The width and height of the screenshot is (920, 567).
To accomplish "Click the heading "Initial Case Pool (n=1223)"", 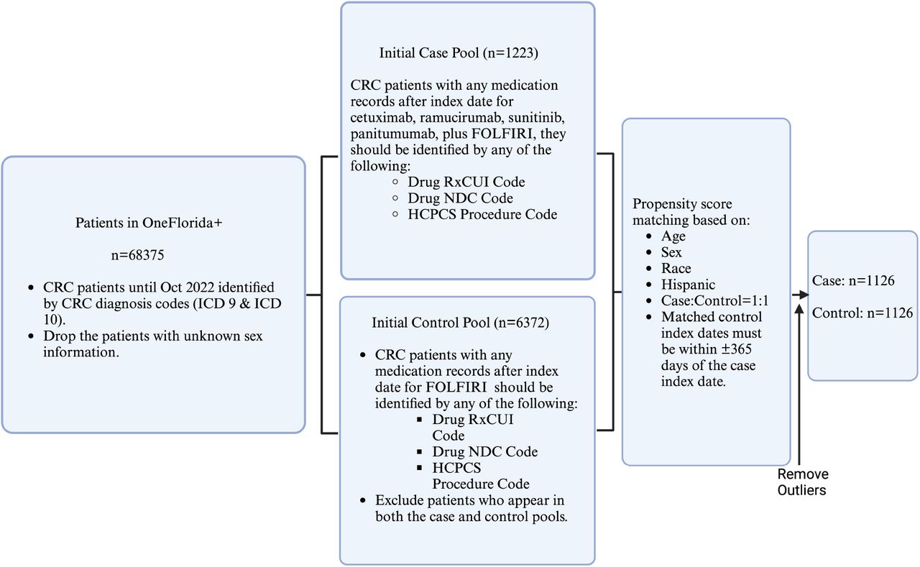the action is [x=459, y=53].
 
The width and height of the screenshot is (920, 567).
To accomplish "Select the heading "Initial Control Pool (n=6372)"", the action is [x=461, y=323].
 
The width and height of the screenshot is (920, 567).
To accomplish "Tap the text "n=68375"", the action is [x=137, y=255].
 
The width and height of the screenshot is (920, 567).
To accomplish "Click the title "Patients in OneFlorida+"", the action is [x=149, y=223].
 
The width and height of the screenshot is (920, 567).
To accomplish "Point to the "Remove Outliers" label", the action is [x=803, y=482].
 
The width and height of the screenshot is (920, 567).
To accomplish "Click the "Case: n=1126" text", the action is [x=853, y=280].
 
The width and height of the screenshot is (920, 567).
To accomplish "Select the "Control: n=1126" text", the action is [x=862, y=313].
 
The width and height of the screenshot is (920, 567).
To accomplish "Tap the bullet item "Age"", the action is [x=673, y=236].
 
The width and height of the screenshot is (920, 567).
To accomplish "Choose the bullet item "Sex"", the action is [x=671, y=252].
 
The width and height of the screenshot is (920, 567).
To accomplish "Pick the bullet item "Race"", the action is [x=676, y=268].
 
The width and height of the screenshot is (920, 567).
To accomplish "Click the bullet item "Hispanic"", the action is [x=688, y=285].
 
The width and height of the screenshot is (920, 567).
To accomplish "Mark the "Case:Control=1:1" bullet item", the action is [x=714, y=300].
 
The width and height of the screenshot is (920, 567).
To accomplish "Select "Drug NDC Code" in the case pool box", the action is [x=460, y=198].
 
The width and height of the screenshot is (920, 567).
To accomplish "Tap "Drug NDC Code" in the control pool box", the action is [x=484, y=451].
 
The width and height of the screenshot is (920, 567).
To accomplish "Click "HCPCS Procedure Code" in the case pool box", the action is [x=482, y=214].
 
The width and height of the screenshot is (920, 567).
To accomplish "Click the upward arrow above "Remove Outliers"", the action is [x=799, y=384].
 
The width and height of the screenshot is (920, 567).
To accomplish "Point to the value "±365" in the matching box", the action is [x=737, y=349].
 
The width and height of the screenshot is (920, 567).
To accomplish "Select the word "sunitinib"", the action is [x=536, y=117].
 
